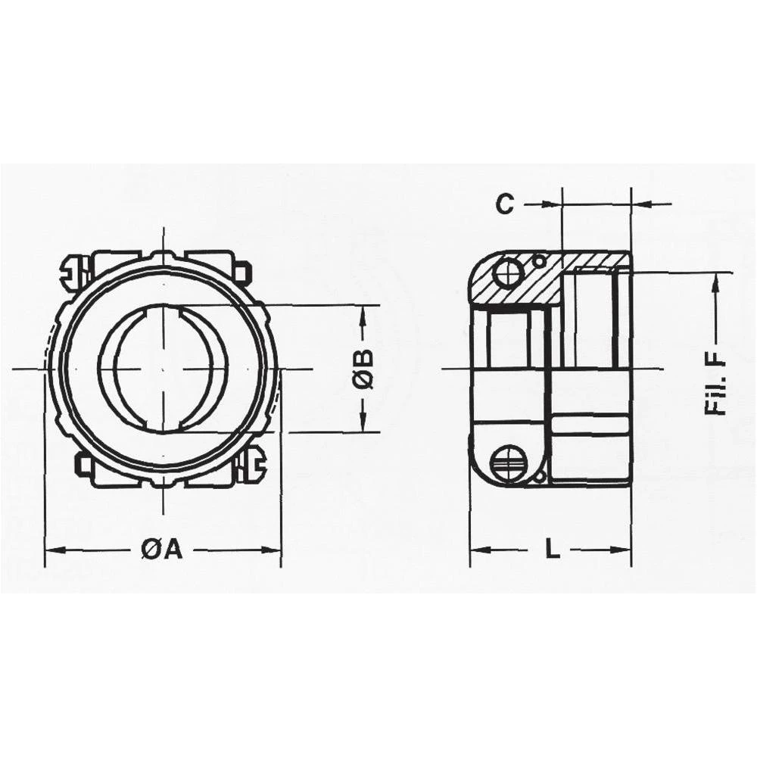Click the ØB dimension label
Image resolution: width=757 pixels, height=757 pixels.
[x=364, y=369]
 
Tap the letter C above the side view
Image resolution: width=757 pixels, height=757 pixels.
[x=505, y=204]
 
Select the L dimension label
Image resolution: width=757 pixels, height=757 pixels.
[x=553, y=550]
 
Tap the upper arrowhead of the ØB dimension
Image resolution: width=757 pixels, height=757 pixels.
[x=364, y=310]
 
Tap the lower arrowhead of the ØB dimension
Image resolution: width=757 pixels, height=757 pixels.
[x=364, y=427]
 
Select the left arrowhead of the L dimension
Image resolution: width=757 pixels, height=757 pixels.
[x=475, y=550]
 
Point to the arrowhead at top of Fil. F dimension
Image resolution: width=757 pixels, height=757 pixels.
[x=715, y=279]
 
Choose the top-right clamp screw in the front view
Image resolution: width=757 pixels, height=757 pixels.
[x=243, y=273]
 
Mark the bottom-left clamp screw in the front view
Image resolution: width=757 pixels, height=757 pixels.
[x=82, y=463]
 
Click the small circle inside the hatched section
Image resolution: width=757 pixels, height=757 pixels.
[x=538, y=261]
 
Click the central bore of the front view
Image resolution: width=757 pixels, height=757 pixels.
[x=163, y=369]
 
